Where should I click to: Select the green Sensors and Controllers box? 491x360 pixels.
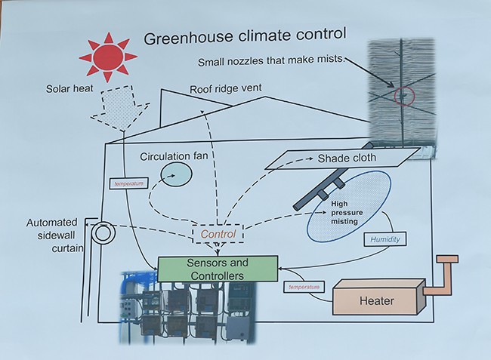(218, 269)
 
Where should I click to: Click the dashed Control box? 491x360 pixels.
(218, 235)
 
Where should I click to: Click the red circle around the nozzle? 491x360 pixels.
(405, 96)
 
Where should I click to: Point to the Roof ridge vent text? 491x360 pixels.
(226, 89)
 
